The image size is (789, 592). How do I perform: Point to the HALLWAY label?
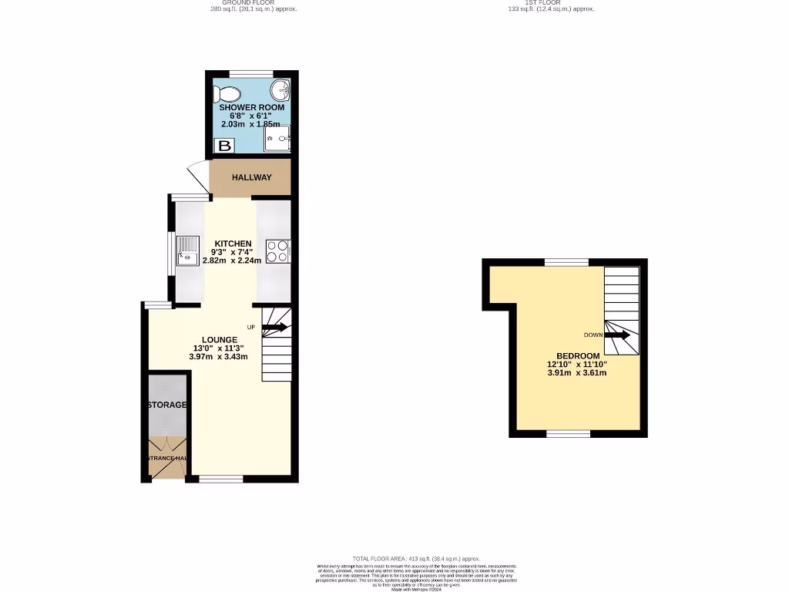(x=252, y=178)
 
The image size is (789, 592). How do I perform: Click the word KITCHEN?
(x=233, y=244)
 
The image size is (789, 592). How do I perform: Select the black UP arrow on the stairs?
(x=274, y=328)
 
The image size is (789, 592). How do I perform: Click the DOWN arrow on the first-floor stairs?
(x=617, y=335)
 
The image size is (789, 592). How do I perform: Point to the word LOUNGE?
(x=220, y=340)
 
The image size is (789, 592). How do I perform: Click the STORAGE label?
(x=167, y=405)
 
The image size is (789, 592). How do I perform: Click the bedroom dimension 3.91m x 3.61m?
(x=577, y=373)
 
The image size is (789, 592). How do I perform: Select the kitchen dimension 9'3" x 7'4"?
(x=232, y=252)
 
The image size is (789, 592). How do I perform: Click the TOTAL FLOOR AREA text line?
(x=416, y=558)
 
